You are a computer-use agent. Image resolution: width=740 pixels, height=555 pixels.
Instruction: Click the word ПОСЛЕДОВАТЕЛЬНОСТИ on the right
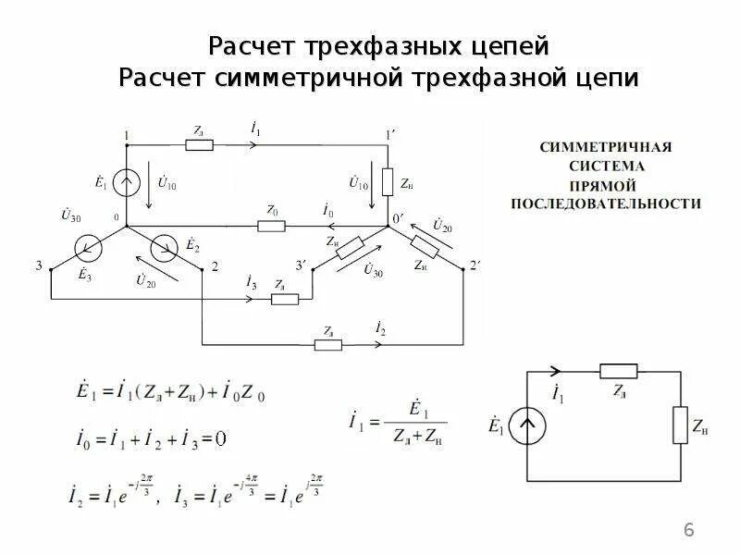(607, 203)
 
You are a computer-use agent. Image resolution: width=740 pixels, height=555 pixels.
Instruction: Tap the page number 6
(688, 529)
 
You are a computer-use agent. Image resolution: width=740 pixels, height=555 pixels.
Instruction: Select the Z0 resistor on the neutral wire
(272, 226)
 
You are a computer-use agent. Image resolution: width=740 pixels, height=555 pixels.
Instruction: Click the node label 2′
(476, 266)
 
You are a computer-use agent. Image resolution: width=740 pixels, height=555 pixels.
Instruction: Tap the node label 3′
(301, 266)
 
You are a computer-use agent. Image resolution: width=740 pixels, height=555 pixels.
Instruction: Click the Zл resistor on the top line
(199, 144)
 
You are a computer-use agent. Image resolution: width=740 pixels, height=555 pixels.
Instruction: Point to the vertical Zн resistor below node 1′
(388, 181)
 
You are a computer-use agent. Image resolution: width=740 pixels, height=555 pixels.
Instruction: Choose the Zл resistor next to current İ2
(328, 345)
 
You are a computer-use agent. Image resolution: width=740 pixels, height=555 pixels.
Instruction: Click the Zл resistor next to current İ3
(284, 299)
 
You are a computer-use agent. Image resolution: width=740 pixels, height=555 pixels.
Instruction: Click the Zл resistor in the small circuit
(614, 371)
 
